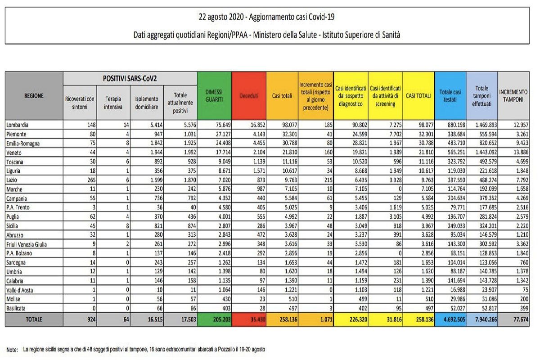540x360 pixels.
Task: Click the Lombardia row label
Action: (17, 125)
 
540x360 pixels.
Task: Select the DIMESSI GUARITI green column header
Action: (214, 96)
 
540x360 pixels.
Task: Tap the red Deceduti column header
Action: (249, 96)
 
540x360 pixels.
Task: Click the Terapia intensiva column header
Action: (113, 103)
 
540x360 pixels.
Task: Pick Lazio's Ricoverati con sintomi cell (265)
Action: (91, 180)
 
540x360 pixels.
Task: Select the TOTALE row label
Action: (34, 319)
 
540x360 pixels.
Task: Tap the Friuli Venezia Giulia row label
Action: (27, 244)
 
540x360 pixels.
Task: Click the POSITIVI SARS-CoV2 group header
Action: (130, 78)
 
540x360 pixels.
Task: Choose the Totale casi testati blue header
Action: (450, 96)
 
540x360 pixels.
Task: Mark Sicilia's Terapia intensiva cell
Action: (127, 226)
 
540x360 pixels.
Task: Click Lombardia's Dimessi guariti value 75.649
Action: (223, 125)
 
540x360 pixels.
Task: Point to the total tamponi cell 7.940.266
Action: (486, 319)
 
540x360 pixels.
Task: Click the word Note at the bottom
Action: (12, 349)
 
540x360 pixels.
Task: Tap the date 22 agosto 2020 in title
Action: (221, 17)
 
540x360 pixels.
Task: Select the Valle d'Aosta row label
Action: (19, 290)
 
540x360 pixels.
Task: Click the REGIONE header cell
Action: (34, 96)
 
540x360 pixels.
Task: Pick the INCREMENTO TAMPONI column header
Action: (513, 96)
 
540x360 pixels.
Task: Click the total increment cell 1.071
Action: (326, 319)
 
